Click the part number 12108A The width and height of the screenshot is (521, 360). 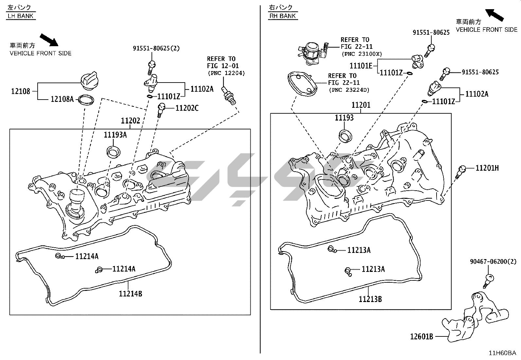point(62,99)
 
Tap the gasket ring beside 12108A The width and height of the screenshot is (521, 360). point(86,100)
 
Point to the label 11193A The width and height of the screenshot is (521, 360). point(115,135)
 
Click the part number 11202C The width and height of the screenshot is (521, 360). point(187,108)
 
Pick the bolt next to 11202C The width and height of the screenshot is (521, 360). point(161,110)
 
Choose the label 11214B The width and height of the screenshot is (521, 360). point(131,294)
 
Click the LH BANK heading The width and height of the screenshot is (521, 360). point(21,16)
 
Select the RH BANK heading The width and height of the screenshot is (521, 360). point(283,16)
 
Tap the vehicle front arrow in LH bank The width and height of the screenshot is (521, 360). point(49,40)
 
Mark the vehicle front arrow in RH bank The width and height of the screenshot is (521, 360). point(494,15)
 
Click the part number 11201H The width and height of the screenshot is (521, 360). point(487,168)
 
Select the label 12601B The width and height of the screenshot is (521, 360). point(422,337)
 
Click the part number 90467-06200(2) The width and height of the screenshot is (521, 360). point(493,262)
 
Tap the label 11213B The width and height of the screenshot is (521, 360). point(370,299)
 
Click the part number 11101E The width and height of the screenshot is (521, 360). point(361,66)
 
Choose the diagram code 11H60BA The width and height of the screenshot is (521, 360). point(502,353)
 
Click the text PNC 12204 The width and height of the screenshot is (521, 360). point(226,73)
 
